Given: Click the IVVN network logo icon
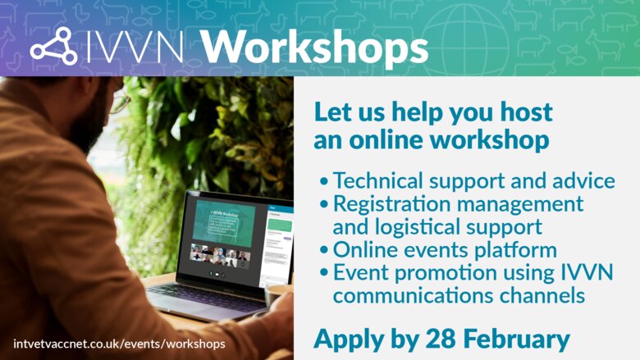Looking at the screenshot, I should [53, 46].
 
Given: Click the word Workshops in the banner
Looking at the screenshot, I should [315, 47].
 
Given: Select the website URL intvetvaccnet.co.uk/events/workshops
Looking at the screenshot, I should [119, 343].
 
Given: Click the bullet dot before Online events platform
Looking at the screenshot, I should [325, 250].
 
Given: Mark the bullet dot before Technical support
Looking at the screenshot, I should [325, 181].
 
